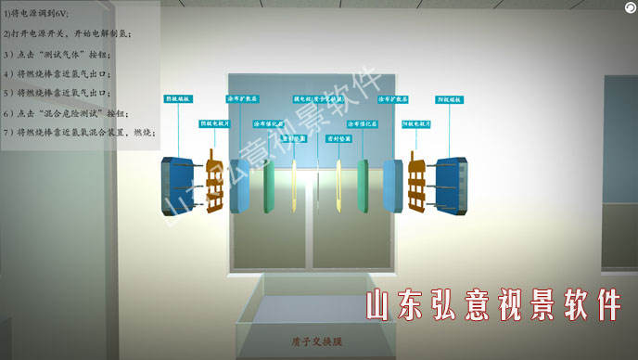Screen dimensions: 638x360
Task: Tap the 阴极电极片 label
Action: [x=216, y=122]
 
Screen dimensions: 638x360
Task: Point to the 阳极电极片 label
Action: [x=417, y=122]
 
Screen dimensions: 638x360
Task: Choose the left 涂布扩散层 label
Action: [x=244, y=97]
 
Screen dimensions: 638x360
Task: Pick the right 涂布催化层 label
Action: [x=361, y=122]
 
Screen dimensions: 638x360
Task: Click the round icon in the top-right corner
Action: [x=630, y=6]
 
